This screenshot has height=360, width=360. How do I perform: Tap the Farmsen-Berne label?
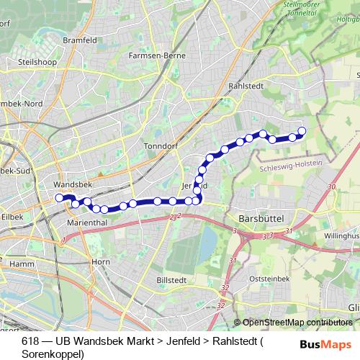(x=156, y=55)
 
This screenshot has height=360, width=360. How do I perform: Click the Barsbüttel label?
(x=261, y=217)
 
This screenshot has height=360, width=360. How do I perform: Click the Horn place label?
(x=100, y=261)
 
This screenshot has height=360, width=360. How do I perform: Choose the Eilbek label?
(x=12, y=215)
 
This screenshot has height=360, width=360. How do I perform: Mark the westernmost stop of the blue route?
(x=60, y=197)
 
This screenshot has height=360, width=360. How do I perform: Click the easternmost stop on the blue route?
(x=302, y=131)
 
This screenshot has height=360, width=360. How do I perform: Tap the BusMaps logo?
(x=325, y=344)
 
